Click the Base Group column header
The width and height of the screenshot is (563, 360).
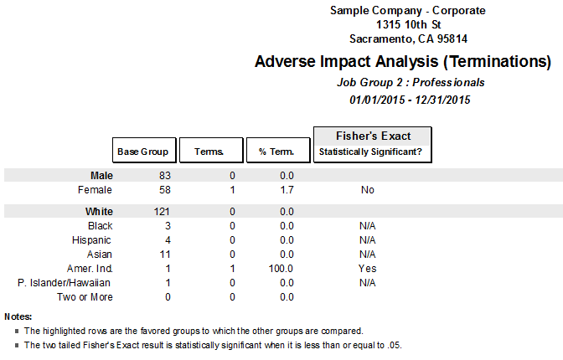(x=144, y=151)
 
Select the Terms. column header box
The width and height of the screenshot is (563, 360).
(x=210, y=151)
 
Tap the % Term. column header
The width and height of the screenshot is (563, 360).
(x=276, y=151)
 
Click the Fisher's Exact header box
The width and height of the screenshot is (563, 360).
(x=373, y=143)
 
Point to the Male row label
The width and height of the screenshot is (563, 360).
(x=101, y=176)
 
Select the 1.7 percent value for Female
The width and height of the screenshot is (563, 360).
(x=287, y=190)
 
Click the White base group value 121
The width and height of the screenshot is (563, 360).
(x=162, y=211)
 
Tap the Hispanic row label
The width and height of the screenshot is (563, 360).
(x=92, y=240)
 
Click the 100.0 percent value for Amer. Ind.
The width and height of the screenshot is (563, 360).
(x=281, y=268)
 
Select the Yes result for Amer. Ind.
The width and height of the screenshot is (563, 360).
(x=367, y=268)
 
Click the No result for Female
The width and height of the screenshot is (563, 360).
(x=367, y=190)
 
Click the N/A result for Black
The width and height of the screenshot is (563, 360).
(x=367, y=226)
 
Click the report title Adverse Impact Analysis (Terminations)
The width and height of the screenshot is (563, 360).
(x=402, y=62)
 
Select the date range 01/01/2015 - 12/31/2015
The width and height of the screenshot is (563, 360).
(x=411, y=100)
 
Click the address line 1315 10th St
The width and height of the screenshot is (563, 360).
(x=408, y=24)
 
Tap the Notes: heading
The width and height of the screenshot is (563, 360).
(x=18, y=316)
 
